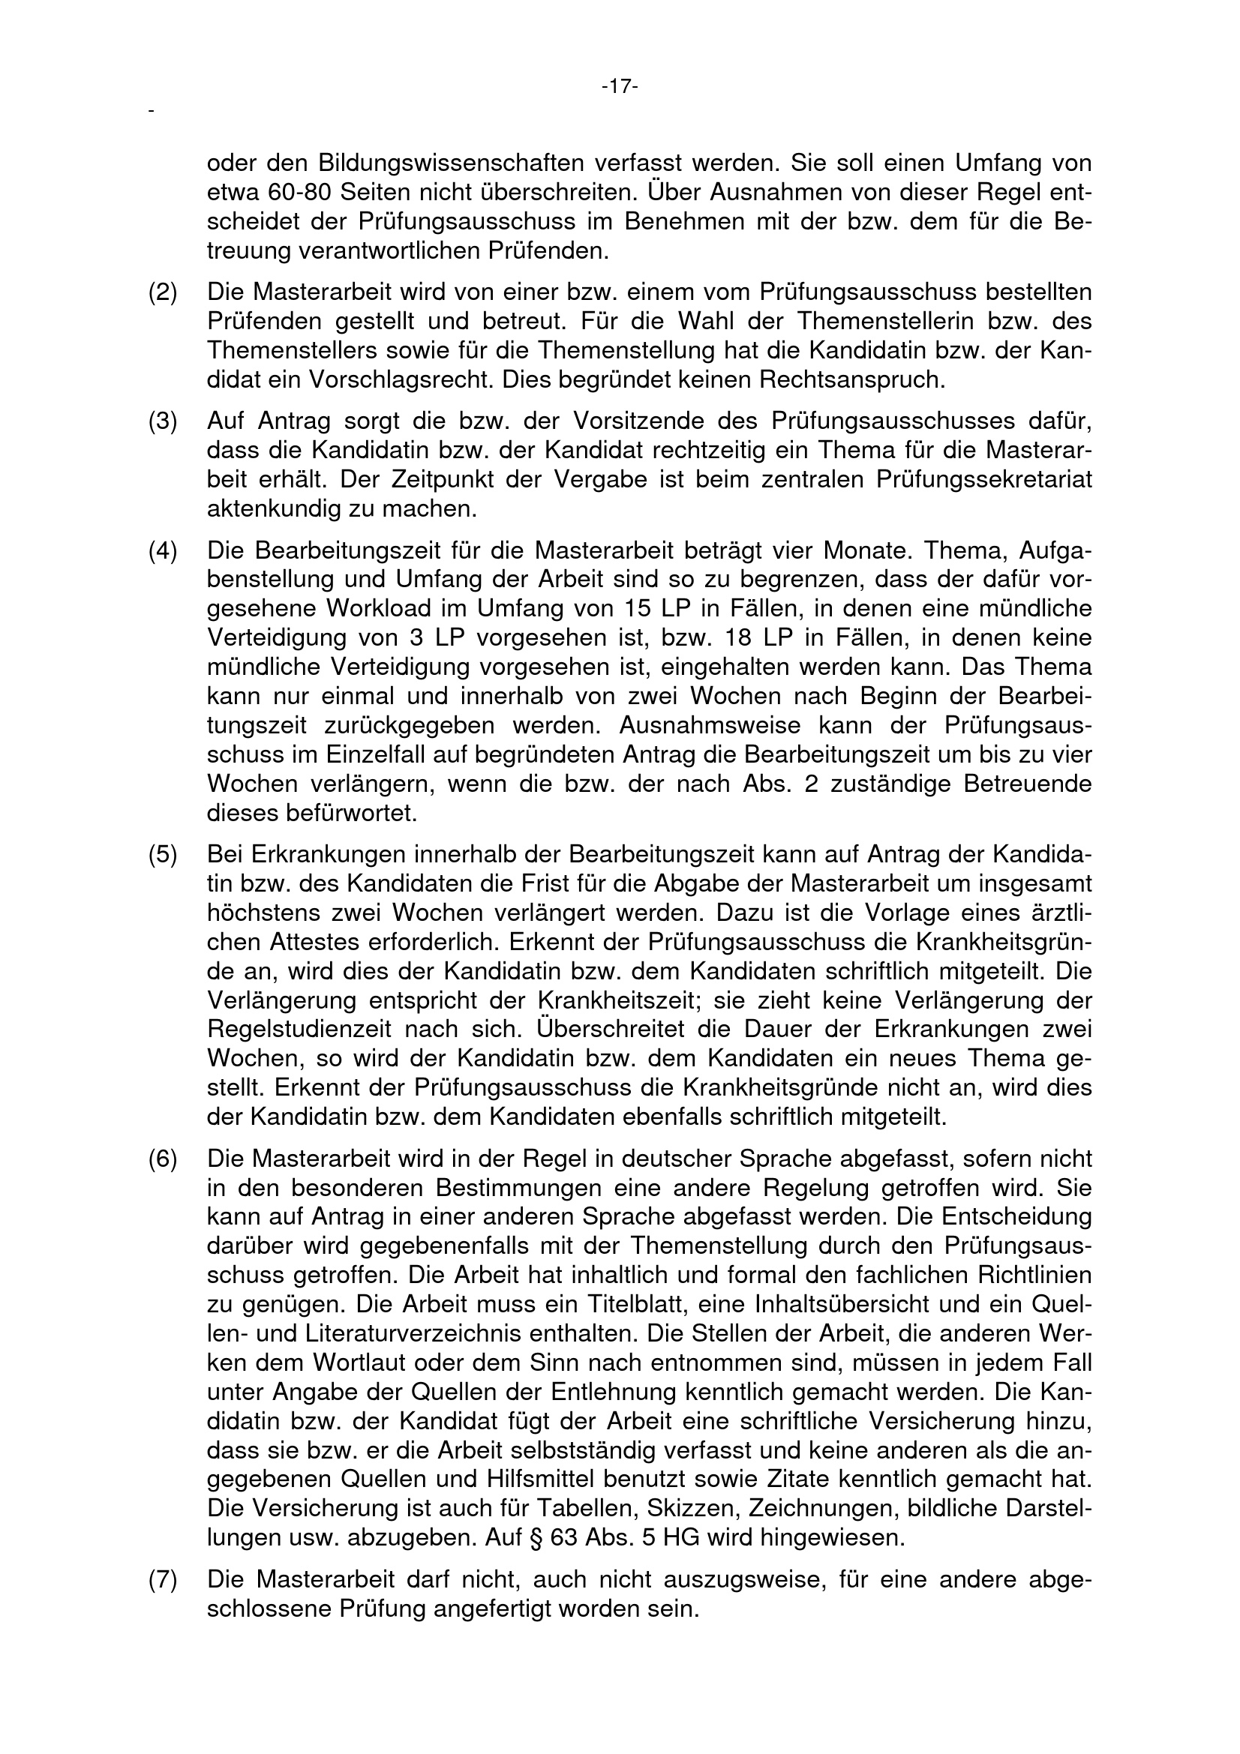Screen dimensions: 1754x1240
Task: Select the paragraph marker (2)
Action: tap(162, 292)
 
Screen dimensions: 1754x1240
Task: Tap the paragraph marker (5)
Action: tap(162, 854)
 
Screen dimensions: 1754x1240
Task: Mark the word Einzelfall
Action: tap(368, 755)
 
